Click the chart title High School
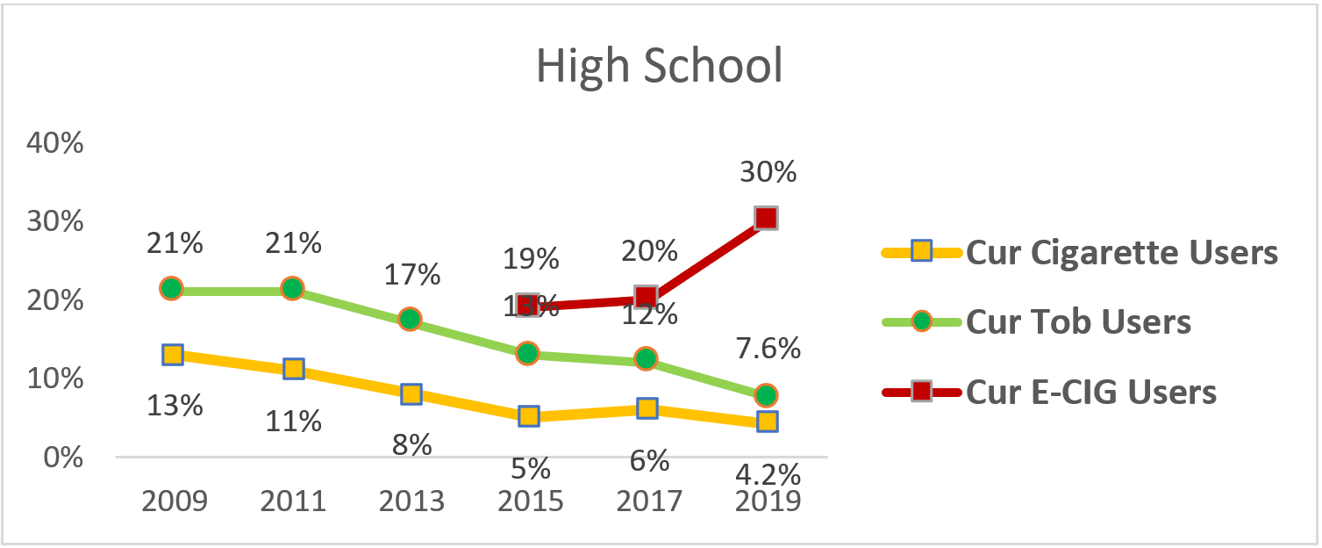coord(659,67)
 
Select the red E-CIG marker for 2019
coord(766,218)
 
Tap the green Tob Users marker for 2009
coord(172,288)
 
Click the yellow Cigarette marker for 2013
coord(411,393)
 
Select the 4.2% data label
coord(767,475)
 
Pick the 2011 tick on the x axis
coord(292,501)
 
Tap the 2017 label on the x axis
coord(649,501)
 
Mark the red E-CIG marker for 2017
coord(647,297)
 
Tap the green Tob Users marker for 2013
coord(410,319)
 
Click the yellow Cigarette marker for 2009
coord(173,355)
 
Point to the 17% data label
coord(411,275)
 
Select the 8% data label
coord(411,444)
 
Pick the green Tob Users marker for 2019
coord(766,395)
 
